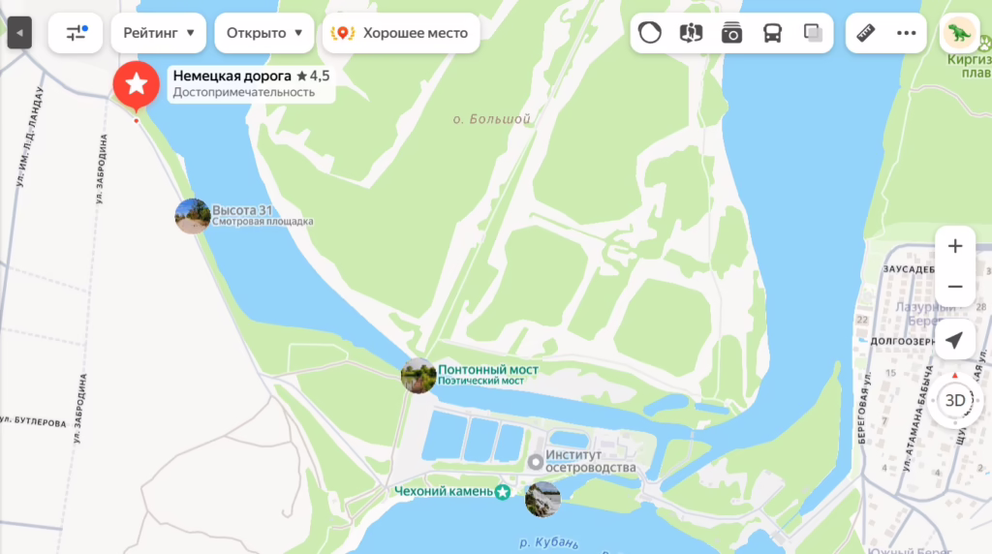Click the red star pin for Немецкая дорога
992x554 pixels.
[137, 84]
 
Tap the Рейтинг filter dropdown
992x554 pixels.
[159, 33]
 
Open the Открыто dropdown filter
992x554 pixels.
[263, 33]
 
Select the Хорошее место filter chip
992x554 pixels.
[402, 33]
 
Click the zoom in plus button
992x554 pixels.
[955, 246]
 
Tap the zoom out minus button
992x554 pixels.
[955, 287]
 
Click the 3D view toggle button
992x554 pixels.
[955, 400]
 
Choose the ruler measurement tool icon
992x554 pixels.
[865, 33]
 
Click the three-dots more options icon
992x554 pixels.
[907, 33]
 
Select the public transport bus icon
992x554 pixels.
[772, 33]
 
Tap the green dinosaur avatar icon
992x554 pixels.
[958, 33]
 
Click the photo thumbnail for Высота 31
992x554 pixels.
[192, 216]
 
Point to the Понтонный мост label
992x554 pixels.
[487, 369]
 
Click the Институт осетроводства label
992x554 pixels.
[590, 461]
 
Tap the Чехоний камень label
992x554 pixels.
[444, 492]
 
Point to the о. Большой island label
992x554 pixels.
[492, 119]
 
